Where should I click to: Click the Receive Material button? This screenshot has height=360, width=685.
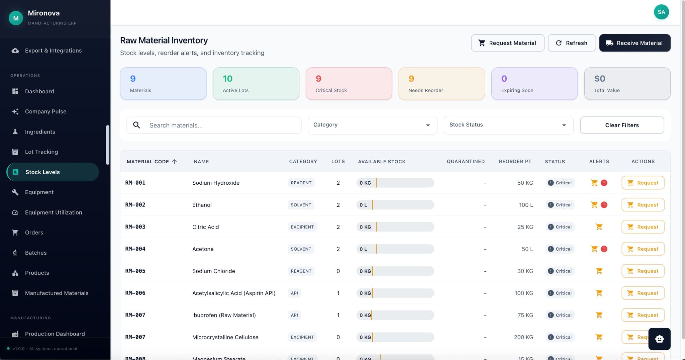click(x=634, y=43)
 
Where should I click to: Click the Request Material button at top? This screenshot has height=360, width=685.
click(x=507, y=43)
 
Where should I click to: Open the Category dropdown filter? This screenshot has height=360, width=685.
click(x=372, y=125)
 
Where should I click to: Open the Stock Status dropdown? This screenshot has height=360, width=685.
click(x=508, y=125)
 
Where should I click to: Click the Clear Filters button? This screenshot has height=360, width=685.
click(x=621, y=125)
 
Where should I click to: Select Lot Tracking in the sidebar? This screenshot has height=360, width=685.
click(x=41, y=152)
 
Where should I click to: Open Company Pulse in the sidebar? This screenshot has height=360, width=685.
click(x=45, y=111)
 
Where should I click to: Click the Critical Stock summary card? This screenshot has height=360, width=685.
click(x=349, y=84)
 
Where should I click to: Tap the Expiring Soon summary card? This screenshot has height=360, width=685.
click(x=534, y=84)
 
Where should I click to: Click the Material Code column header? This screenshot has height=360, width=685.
click(x=148, y=162)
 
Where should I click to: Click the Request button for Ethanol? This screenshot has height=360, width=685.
click(x=643, y=205)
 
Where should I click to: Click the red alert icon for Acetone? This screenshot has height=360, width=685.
click(x=604, y=249)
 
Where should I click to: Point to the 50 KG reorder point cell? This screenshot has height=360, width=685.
click(x=525, y=183)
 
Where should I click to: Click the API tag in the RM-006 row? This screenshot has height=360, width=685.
click(x=294, y=293)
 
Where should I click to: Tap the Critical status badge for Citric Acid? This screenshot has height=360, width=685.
click(x=560, y=227)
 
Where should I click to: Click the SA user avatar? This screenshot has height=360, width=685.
click(x=661, y=12)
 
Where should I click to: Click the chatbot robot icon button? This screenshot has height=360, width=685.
click(x=659, y=339)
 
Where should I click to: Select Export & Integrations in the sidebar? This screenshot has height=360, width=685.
click(x=53, y=51)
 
